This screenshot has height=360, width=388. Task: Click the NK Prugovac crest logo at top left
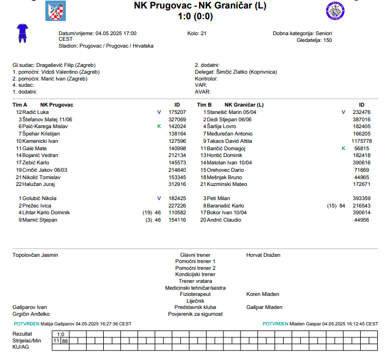click(55, 10)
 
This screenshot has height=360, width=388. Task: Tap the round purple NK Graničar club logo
click(336, 11)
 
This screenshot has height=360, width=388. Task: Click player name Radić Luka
click(36, 112)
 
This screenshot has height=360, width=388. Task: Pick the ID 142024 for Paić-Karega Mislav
click(177, 126)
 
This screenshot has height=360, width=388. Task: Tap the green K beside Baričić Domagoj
click(343, 148)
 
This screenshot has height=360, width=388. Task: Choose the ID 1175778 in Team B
click(361, 141)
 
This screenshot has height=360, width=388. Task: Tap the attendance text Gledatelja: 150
click(314, 40)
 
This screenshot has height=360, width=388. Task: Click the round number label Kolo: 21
click(197, 33)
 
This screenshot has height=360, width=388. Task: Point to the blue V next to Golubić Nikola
click(159, 198)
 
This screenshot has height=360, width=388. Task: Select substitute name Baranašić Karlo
click(225, 205)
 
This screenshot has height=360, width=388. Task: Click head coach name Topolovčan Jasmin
click(35, 255)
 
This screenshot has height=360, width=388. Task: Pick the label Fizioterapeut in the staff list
click(195, 294)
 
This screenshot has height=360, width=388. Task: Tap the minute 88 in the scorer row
click(65, 341)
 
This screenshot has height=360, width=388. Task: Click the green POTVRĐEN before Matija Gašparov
click(26, 324)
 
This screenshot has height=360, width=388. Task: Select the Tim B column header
click(204, 105)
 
